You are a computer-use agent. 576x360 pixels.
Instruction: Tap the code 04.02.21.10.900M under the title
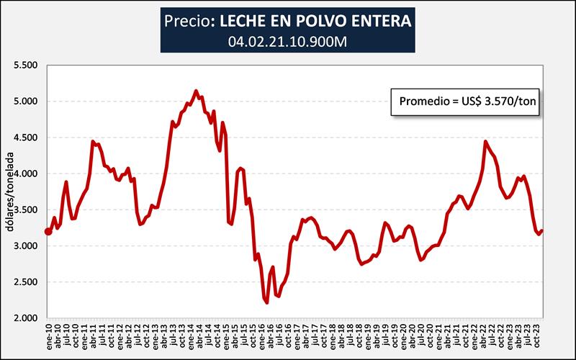coord(287,41)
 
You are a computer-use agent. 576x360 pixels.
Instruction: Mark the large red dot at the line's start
coord(48,231)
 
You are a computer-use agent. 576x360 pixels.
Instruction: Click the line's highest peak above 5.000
coord(197,91)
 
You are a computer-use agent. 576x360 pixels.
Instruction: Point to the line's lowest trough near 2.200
coord(266,303)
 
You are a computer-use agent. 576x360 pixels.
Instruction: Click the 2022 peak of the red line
coord(485,141)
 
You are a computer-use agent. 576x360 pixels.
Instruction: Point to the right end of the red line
coord(542,230)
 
